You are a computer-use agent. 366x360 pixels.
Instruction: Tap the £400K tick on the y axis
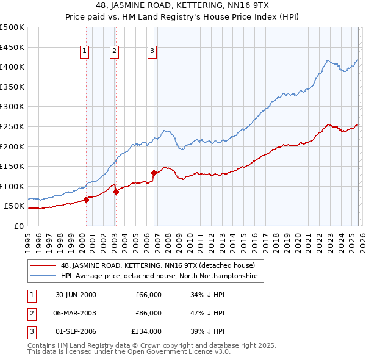pyautogui.click(x=12, y=67)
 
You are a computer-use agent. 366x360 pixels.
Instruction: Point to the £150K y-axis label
pyautogui.click(x=12, y=166)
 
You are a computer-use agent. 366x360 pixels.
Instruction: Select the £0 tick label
pyautogui.click(x=18, y=226)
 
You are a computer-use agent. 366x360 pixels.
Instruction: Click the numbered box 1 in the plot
pyautogui.click(x=84, y=52)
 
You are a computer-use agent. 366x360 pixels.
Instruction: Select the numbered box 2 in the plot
pyautogui.click(x=114, y=52)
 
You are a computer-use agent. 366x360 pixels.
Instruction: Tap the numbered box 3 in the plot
pyautogui.click(x=152, y=52)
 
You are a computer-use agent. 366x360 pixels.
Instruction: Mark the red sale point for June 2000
pyautogui.click(x=87, y=200)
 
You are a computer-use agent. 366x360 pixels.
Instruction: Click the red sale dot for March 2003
pyautogui.click(x=116, y=192)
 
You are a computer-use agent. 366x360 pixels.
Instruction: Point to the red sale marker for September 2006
pyautogui.click(x=154, y=173)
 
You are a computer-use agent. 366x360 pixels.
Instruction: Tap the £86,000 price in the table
pyautogui.click(x=148, y=313)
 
